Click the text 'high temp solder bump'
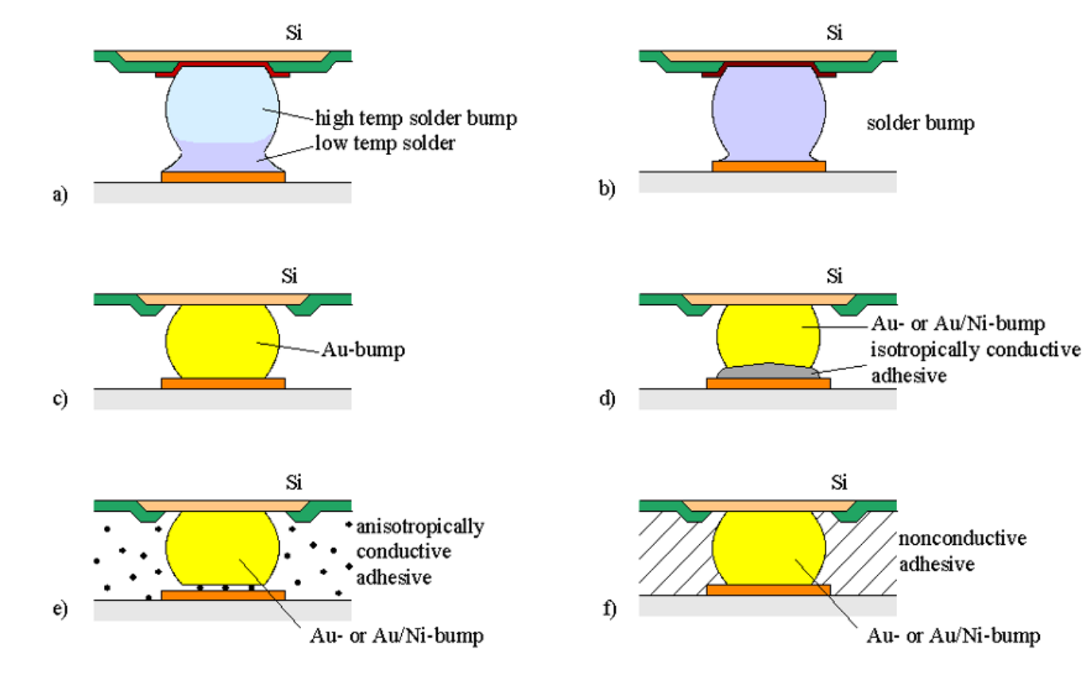point(417,118)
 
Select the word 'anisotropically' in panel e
point(420,527)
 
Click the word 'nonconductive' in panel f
point(962,539)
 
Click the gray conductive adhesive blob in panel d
point(767,373)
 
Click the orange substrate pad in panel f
point(768,590)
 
